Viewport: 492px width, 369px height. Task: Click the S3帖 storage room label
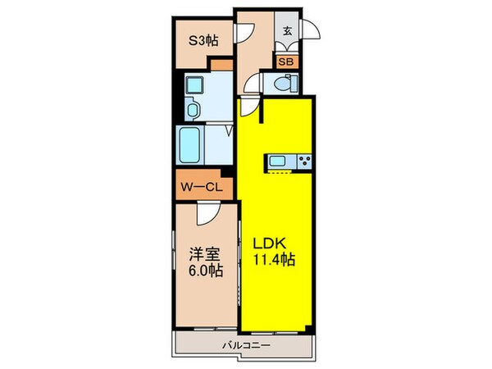(203, 38)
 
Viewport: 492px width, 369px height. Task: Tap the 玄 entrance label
(288, 32)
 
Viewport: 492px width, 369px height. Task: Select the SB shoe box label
(287, 61)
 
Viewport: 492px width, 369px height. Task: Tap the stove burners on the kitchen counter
(304, 161)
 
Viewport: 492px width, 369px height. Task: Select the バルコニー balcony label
(245, 345)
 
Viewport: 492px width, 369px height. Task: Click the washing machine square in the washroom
(197, 84)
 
